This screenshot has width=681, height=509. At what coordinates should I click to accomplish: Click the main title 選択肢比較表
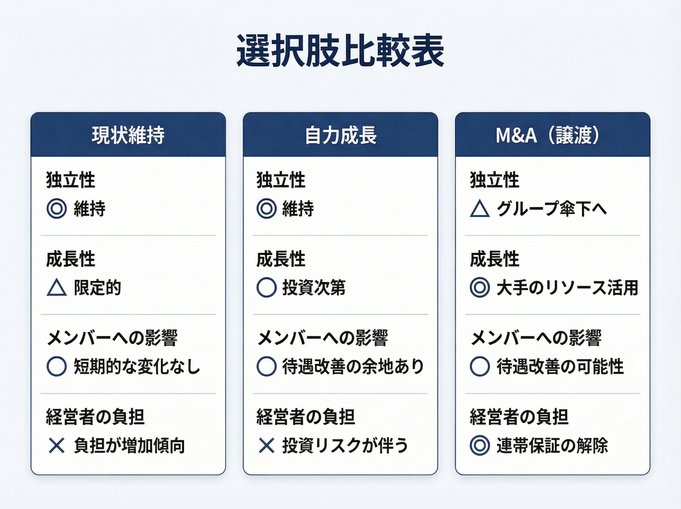340,51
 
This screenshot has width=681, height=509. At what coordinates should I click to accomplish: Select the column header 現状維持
128,135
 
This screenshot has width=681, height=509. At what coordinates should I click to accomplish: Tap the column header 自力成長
341,135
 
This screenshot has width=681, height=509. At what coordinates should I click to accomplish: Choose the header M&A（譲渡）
548,135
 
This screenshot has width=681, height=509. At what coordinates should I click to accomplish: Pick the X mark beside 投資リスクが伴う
266,446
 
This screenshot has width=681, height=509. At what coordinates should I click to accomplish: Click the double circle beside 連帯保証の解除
480,446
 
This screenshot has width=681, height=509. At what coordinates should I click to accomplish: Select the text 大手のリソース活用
567,288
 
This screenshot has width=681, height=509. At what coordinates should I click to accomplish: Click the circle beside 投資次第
266,287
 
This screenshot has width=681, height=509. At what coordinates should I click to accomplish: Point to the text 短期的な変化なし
137,367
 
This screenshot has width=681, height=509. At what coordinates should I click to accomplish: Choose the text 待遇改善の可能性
560,367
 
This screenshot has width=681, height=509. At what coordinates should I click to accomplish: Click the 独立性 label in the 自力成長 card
281,180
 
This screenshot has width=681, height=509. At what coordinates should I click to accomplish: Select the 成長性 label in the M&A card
495,259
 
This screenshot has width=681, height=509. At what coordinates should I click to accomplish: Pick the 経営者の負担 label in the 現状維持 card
95,417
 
